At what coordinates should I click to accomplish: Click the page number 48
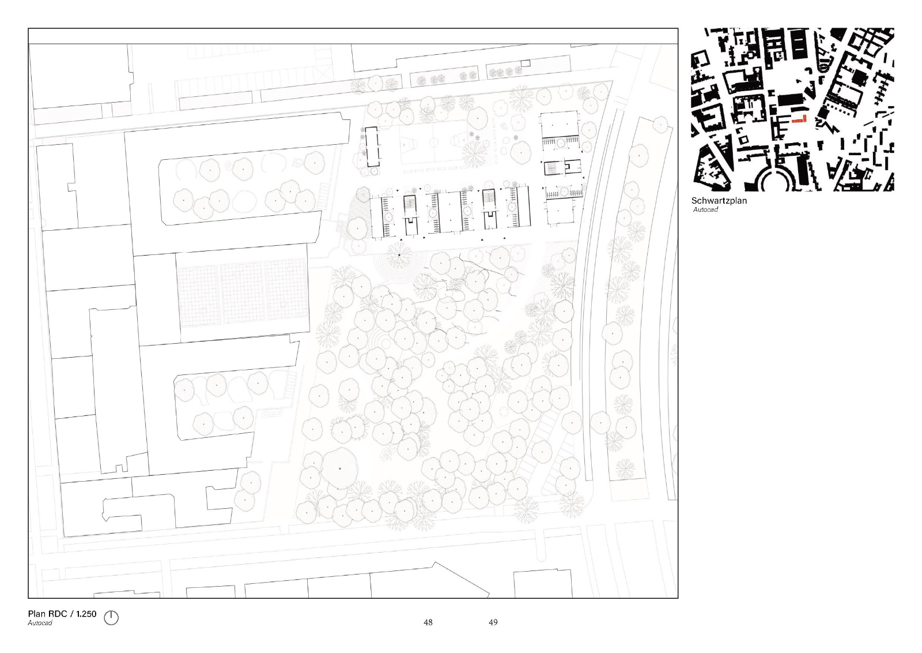[428, 622]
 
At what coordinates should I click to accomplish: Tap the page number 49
[493, 622]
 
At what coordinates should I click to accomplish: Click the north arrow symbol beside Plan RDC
[111, 618]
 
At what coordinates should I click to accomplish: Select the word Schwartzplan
[719, 201]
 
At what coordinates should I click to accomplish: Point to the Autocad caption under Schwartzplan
[705, 210]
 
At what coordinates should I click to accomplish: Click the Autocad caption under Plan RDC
[40, 623]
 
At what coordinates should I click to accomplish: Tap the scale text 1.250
[86, 614]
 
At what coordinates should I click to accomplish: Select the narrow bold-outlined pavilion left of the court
[372, 147]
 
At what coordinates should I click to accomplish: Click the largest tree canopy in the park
[340, 468]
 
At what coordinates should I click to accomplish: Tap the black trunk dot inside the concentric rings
[399, 255]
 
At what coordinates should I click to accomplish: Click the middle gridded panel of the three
[242, 294]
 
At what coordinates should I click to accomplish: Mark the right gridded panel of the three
[286, 291]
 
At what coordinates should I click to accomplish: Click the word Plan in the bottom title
[37, 614]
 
